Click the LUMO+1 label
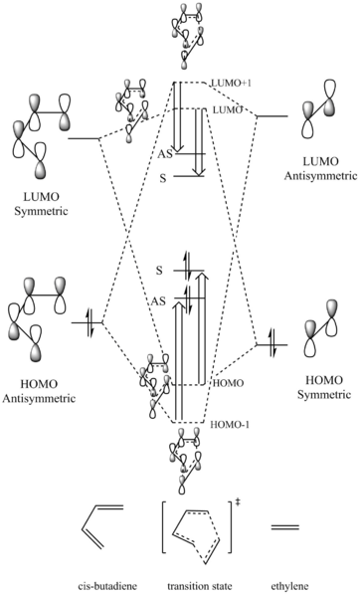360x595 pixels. click(231, 84)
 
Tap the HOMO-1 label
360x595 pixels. click(230, 425)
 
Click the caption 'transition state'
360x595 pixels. click(200, 586)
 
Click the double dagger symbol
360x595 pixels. click(239, 502)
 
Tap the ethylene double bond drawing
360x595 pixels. click(284, 527)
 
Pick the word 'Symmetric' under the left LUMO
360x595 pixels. click(41, 211)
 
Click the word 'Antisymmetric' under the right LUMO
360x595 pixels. click(320, 176)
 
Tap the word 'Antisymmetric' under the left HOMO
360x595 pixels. click(39, 398)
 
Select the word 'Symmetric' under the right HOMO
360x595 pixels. click(323, 395)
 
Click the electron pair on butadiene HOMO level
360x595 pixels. click(90, 323)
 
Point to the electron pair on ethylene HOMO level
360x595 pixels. click(272, 344)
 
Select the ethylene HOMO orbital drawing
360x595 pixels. click(319, 328)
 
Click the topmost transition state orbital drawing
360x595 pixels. click(186, 36)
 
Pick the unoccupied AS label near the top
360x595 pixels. click(165, 154)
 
